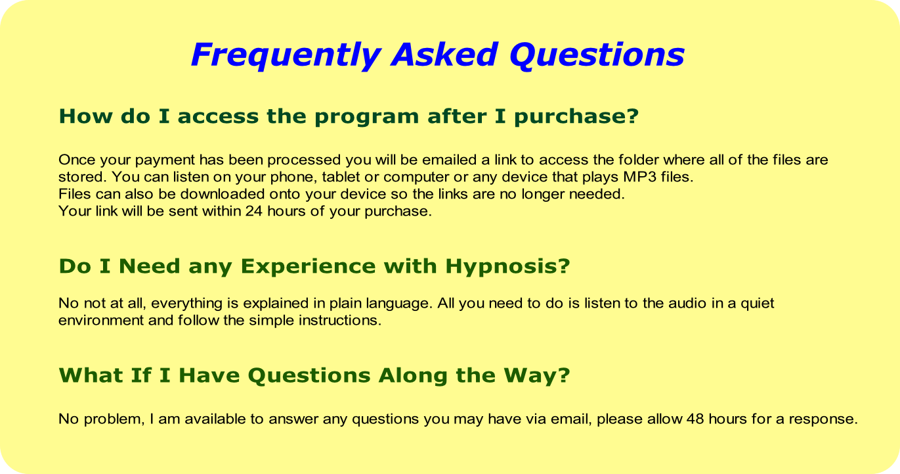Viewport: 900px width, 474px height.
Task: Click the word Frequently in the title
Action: pyautogui.click(x=286, y=55)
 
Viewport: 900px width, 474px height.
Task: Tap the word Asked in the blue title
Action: pyautogui.click(x=444, y=55)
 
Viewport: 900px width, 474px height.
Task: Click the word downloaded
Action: pyautogui.click(x=223, y=194)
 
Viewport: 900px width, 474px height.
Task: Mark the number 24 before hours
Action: pyautogui.click(x=254, y=211)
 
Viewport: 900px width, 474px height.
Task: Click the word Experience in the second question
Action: pyautogui.click(x=308, y=266)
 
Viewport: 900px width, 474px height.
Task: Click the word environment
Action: pyautogui.click(x=101, y=321)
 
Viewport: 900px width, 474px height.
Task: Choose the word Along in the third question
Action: pyautogui.click(x=413, y=375)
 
